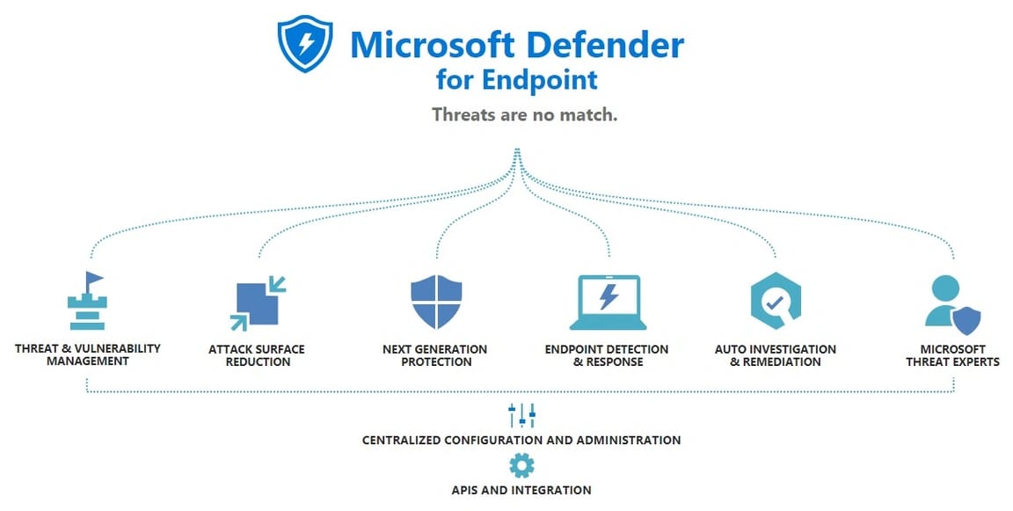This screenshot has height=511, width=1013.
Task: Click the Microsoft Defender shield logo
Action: (304, 45)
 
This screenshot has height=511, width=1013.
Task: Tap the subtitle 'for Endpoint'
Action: (516, 80)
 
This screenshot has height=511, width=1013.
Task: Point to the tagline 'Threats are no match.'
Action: (524, 114)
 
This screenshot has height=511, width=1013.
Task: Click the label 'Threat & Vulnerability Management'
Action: (87, 354)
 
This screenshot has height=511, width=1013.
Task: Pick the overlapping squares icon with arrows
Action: (258, 302)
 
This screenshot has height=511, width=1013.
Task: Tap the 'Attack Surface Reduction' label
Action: (257, 355)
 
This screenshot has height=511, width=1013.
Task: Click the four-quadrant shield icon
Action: (436, 302)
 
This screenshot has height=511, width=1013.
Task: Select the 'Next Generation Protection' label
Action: (434, 355)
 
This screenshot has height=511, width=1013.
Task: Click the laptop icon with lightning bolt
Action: (608, 302)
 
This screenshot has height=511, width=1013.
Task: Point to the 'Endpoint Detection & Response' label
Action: (607, 355)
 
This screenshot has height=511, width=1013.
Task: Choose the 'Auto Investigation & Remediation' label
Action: (775, 355)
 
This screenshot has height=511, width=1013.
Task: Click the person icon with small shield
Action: (951, 304)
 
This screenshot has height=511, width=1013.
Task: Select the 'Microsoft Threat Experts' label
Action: (952, 355)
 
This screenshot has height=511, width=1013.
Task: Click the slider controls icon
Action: (521, 415)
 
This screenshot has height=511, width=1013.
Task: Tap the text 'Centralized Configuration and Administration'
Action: (521, 440)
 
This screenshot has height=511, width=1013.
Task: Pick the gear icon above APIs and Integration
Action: (521, 465)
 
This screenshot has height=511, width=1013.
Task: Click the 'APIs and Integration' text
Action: (521, 490)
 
